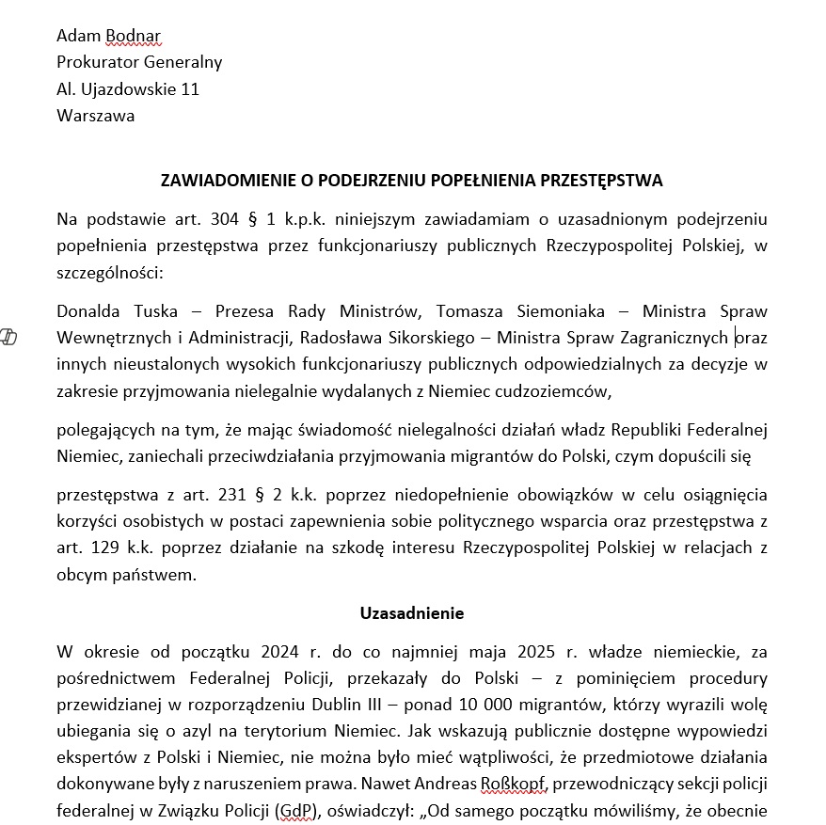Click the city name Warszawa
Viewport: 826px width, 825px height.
click(95, 117)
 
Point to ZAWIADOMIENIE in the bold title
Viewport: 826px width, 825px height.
click(227, 180)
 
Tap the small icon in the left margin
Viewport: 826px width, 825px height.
click(9, 338)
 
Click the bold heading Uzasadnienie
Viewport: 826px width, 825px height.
click(412, 613)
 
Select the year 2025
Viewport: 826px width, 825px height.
click(509, 651)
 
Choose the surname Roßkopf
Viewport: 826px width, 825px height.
click(514, 784)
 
